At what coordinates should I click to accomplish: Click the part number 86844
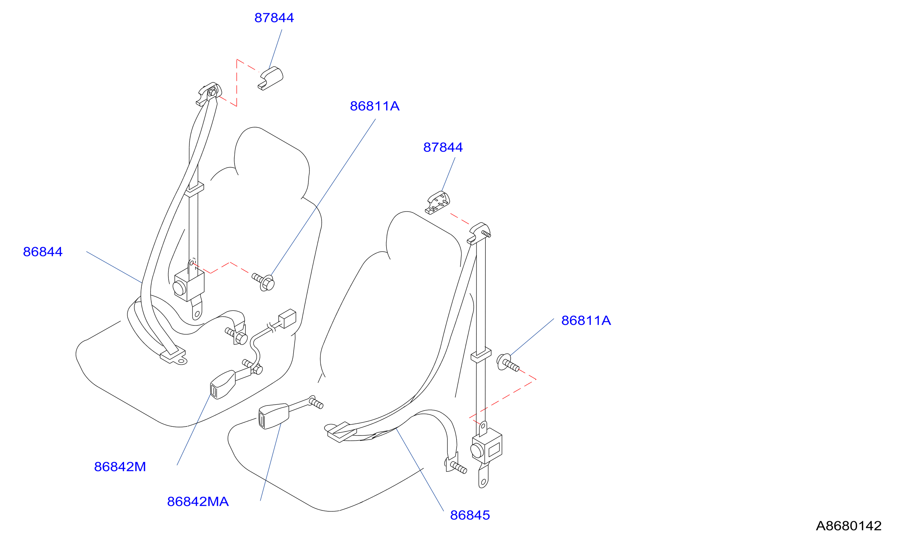click(43, 252)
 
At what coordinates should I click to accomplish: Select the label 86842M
click(120, 467)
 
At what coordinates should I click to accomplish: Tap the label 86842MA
click(198, 501)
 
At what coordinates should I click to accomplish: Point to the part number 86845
click(470, 515)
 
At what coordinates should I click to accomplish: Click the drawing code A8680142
click(849, 526)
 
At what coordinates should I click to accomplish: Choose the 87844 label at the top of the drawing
click(274, 18)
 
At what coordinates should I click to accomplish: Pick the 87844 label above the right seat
click(443, 147)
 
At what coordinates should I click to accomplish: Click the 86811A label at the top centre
click(375, 106)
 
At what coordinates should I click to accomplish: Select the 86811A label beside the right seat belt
click(586, 320)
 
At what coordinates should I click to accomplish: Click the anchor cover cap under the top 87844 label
click(271, 78)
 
